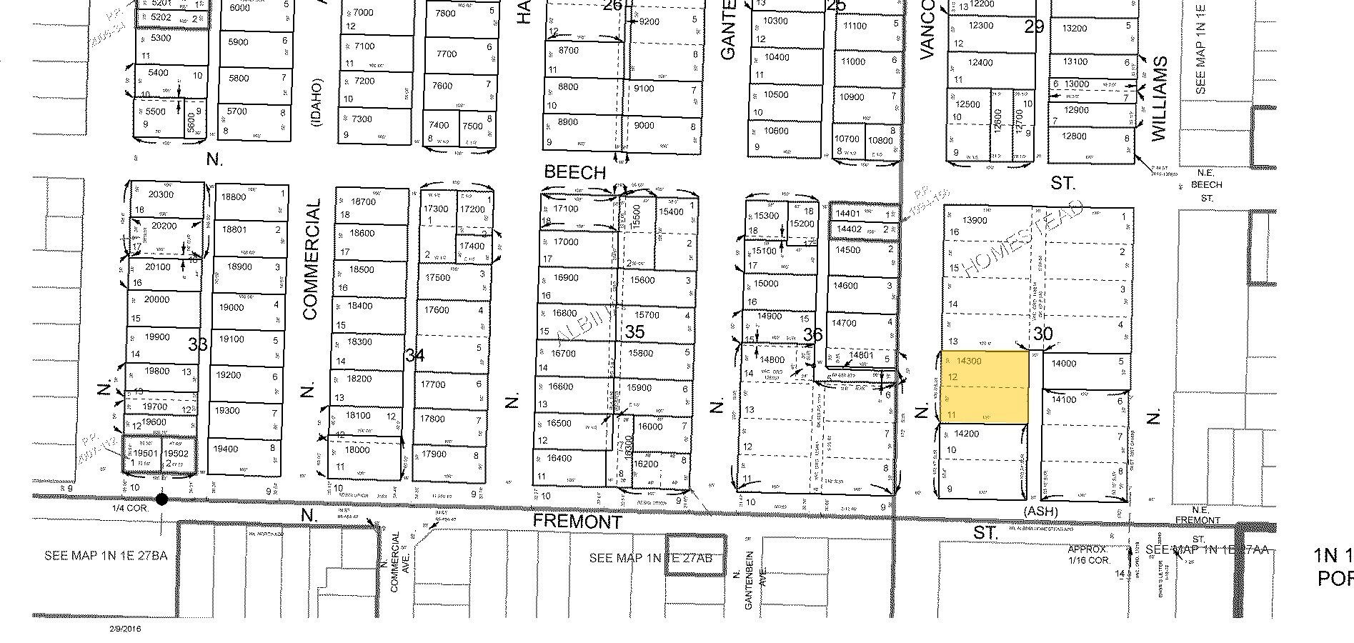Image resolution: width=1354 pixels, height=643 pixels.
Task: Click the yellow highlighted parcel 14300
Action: (x=985, y=387)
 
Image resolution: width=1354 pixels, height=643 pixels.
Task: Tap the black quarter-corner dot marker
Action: (x=162, y=499)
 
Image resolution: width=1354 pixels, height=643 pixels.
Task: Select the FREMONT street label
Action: (x=578, y=522)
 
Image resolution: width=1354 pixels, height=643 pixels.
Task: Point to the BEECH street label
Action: (x=574, y=172)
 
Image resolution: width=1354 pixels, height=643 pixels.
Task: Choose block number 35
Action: (x=634, y=332)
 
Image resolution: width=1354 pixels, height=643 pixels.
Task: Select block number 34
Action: (x=415, y=355)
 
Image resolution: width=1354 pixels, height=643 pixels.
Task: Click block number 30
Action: (x=1043, y=333)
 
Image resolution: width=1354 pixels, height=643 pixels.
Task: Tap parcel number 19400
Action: (x=226, y=449)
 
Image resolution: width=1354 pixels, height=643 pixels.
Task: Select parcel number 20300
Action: (x=161, y=194)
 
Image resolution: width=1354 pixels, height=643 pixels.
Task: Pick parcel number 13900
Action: (x=975, y=220)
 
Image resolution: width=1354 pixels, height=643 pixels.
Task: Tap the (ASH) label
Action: (x=1040, y=512)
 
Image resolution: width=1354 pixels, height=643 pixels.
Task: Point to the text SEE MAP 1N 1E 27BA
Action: (x=105, y=555)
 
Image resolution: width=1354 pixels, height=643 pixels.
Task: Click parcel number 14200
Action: (x=966, y=434)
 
